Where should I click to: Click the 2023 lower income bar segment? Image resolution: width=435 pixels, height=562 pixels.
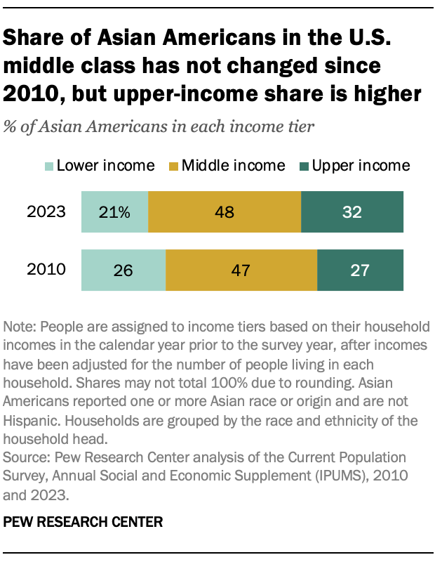tap(115, 211)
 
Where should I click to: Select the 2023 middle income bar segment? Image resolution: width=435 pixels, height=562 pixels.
tap(225, 211)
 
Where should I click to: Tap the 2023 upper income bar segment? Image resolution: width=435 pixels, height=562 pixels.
tap(352, 211)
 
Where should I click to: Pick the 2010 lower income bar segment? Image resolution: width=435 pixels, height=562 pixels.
tap(123, 270)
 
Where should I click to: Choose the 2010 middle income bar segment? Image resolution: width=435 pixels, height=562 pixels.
tap(241, 270)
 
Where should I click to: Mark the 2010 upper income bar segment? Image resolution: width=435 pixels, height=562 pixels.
tap(361, 270)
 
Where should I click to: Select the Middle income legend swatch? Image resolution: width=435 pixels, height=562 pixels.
tap(173, 166)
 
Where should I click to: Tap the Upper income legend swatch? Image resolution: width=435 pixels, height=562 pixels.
tap(304, 166)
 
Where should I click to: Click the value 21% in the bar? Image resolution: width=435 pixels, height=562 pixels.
tap(115, 212)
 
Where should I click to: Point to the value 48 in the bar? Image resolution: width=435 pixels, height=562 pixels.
tap(225, 212)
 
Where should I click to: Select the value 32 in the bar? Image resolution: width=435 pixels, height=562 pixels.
tap(352, 212)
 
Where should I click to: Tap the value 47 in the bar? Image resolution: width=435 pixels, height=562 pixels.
tap(241, 270)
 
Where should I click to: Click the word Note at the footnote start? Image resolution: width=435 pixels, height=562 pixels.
tap(18, 327)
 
